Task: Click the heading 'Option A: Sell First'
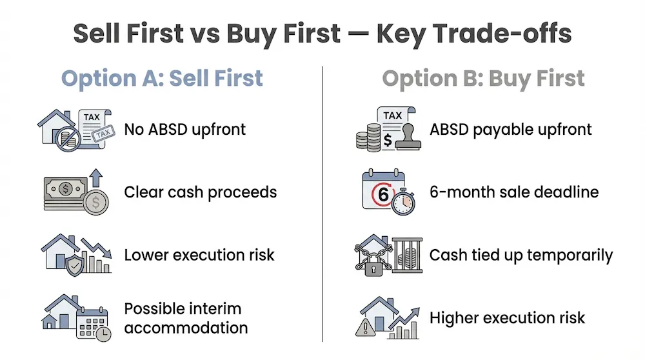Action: [162, 78]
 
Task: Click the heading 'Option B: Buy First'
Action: [483, 78]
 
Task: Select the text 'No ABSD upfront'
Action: [185, 129]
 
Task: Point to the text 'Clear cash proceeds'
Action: [201, 192]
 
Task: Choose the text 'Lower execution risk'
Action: [199, 255]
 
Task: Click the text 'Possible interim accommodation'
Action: [186, 318]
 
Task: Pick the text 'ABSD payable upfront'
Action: [510, 129]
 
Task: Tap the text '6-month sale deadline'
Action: [514, 192]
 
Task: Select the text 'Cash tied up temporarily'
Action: [521, 255]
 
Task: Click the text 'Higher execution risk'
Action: [507, 317]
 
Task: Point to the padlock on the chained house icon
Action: [373, 265]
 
